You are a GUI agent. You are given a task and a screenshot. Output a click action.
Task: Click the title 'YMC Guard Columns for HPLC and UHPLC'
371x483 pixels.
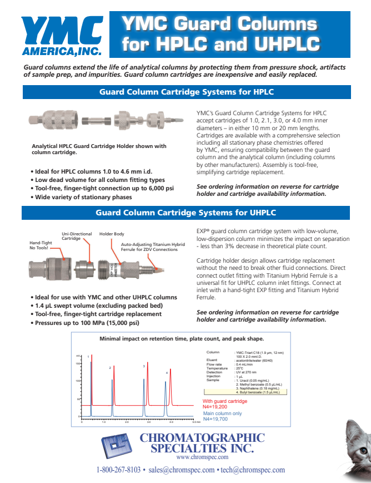(x=220, y=34)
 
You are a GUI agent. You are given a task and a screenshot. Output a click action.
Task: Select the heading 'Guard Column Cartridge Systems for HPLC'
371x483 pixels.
(x=186, y=92)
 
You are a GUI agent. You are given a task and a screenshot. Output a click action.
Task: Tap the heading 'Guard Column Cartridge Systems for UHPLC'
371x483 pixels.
(x=186, y=213)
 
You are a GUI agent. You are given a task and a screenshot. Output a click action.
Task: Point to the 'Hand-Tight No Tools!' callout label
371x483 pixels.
(x=42, y=245)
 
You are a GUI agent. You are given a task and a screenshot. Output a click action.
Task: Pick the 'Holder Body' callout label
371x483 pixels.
(x=112, y=234)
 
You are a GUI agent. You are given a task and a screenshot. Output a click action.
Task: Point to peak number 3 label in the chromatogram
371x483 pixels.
(x=144, y=366)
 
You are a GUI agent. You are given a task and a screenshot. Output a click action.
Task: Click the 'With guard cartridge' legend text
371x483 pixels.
(x=225, y=401)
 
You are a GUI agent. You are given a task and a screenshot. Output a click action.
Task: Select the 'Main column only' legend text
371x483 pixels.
(x=222, y=413)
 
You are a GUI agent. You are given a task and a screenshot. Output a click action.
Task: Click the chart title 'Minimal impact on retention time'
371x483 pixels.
(x=182, y=339)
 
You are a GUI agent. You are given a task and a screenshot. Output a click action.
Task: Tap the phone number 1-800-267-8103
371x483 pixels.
(x=118, y=470)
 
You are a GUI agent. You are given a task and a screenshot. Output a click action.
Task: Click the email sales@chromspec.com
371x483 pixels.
(x=181, y=470)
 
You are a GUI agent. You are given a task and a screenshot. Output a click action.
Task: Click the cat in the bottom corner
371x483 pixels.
(x=356, y=451)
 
